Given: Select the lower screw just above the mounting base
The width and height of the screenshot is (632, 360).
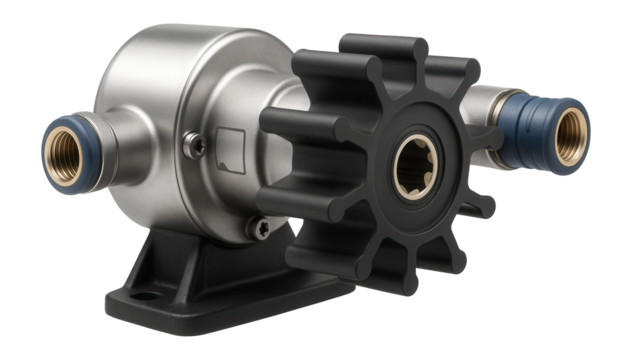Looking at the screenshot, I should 258,229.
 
